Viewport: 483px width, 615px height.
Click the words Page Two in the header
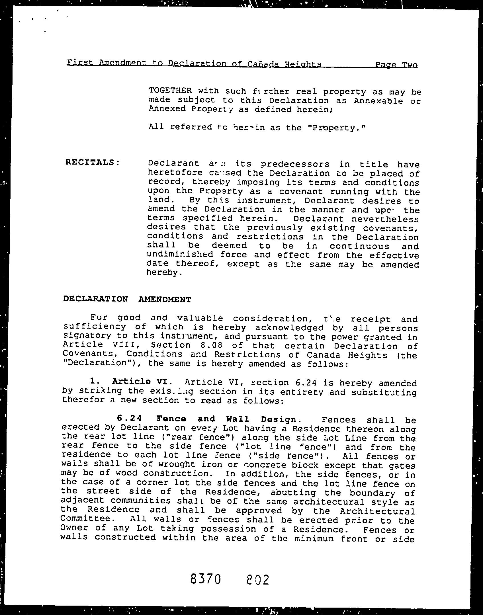tap(396, 65)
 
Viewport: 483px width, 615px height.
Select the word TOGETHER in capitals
tap(170, 91)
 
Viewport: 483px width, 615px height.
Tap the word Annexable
tap(378, 101)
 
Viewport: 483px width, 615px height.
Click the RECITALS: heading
tap(93, 162)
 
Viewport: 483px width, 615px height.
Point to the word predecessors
tap(295, 164)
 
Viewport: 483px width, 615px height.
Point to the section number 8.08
tap(216, 346)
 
